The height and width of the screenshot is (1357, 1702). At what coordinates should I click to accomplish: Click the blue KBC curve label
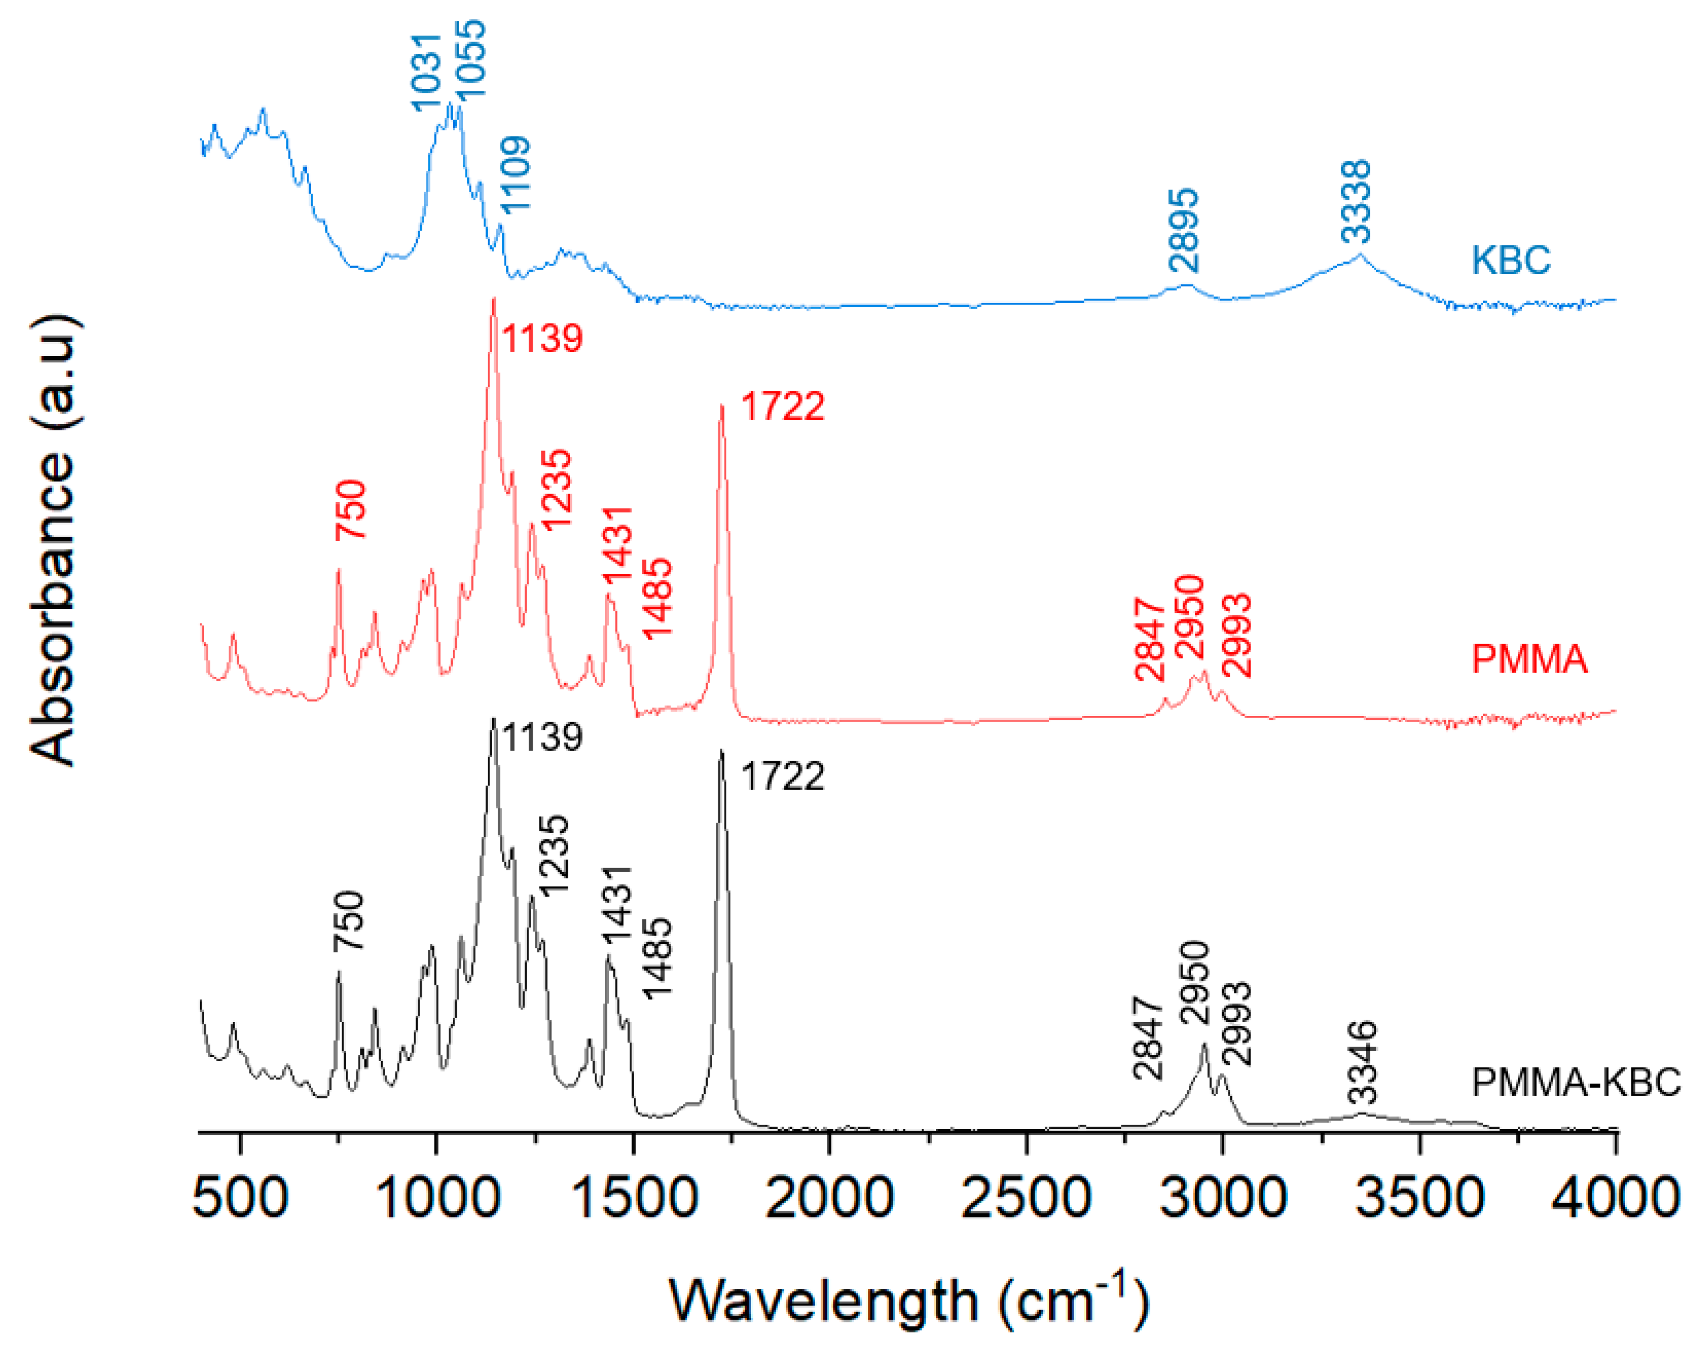[x=1510, y=260]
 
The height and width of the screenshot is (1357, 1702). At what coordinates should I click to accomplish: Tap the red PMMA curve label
[x=1528, y=658]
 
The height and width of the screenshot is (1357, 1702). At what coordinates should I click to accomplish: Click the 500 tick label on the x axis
[x=240, y=1197]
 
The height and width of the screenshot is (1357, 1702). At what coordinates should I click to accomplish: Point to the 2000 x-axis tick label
[x=829, y=1197]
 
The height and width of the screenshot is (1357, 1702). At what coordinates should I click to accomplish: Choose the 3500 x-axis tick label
[x=1419, y=1197]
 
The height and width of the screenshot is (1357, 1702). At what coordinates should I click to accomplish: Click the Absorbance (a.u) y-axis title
[x=53, y=541]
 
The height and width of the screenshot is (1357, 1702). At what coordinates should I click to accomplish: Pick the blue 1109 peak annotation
[x=516, y=175]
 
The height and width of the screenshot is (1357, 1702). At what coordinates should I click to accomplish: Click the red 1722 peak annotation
[x=782, y=407]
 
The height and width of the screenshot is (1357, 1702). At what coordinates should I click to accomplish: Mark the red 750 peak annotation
[x=351, y=510]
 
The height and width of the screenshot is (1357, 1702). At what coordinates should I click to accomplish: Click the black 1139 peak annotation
[x=542, y=737]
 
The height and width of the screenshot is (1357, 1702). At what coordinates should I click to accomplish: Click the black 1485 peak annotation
[x=657, y=958]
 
